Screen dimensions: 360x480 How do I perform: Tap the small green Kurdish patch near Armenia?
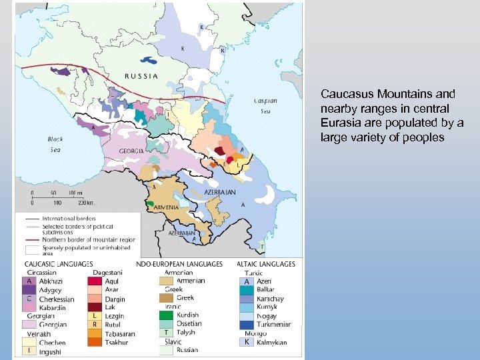151,202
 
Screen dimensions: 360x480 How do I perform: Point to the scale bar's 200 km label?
86,201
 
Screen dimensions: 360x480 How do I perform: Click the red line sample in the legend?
33,239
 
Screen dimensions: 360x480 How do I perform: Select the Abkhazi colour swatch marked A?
28,282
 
